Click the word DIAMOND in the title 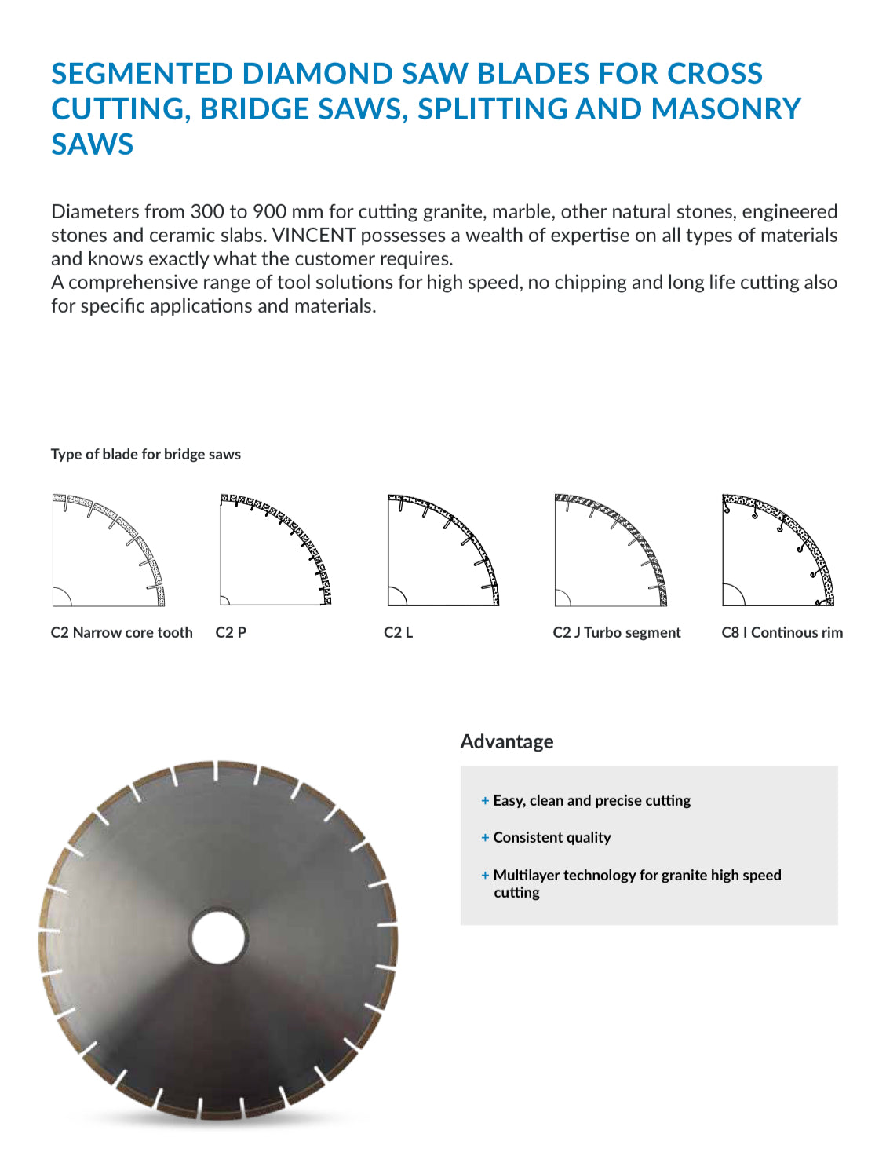(316, 74)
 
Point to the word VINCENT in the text (313, 236)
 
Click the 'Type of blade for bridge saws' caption (145, 454)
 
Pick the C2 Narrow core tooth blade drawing (108, 550)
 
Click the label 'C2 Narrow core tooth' (122, 633)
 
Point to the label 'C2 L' (398, 633)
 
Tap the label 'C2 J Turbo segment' (617, 633)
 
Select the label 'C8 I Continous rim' (782, 633)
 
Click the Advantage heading (507, 741)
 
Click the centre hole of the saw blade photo (218, 937)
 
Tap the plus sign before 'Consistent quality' (485, 838)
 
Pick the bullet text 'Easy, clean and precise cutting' (592, 800)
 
